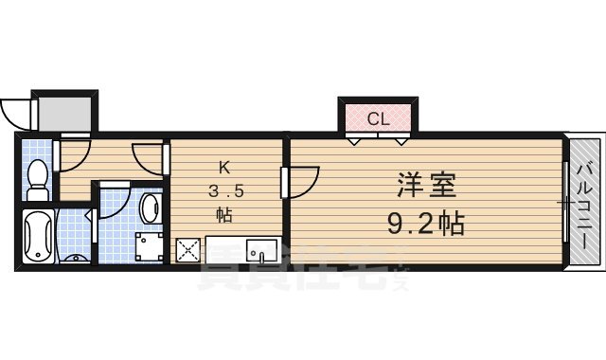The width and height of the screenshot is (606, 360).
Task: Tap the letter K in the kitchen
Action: click(x=225, y=168)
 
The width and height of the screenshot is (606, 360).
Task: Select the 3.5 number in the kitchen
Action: click(x=226, y=191)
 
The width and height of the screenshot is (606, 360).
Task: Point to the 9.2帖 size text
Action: click(x=423, y=225)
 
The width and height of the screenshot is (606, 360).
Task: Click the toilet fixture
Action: click(x=37, y=179)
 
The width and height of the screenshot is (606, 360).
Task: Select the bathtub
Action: click(x=39, y=240)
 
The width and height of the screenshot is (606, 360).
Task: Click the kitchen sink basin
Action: click(x=260, y=251)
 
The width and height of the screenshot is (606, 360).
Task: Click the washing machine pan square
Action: click(x=148, y=249)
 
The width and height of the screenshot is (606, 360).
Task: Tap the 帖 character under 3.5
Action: click(x=225, y=214)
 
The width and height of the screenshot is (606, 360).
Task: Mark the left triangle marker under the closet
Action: click(x=352, y=141)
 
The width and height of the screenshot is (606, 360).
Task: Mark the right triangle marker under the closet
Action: click(x=404, y=141)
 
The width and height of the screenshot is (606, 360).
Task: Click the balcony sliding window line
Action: click(x=565, y=204)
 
